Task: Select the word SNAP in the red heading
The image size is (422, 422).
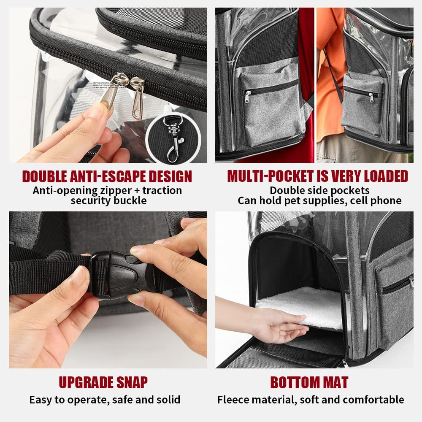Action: tap(130, 382)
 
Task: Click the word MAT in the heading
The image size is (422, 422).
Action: tap(333, 382)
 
